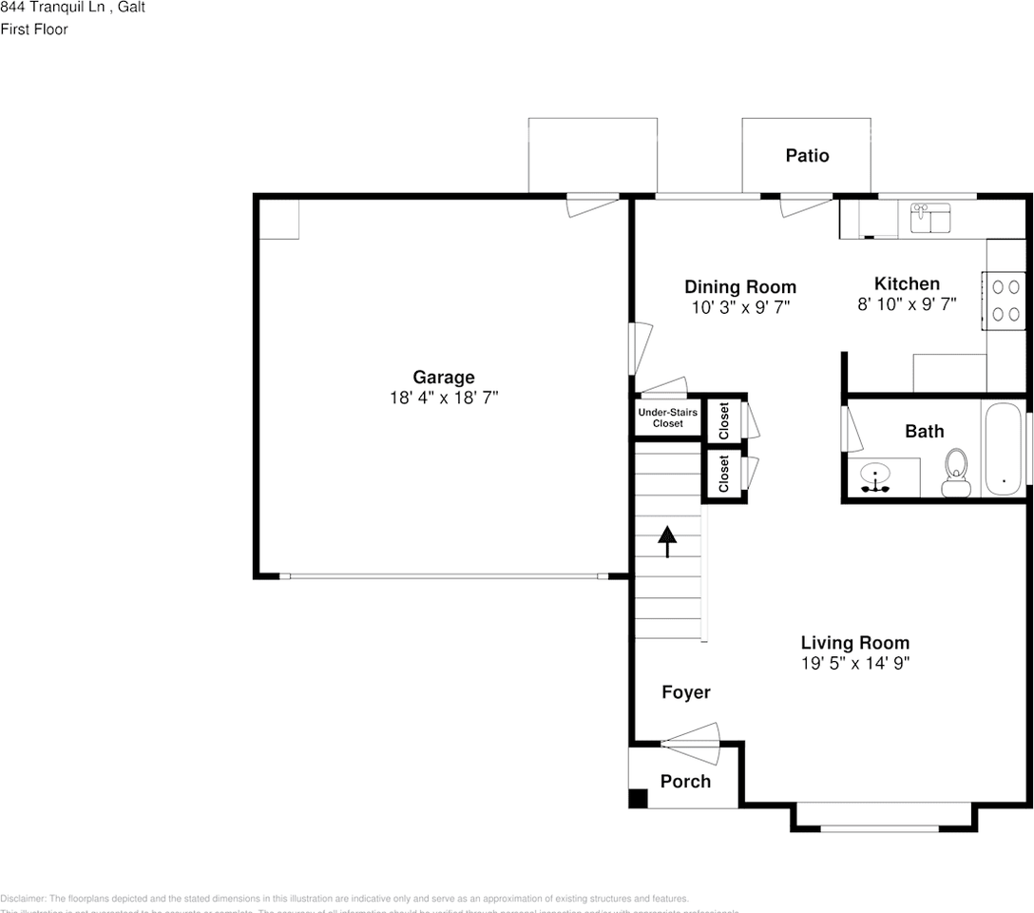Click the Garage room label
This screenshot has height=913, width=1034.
pos(443,378)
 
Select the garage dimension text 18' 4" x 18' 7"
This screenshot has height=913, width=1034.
pos(443,398)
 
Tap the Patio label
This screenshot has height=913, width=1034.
pos(807,155)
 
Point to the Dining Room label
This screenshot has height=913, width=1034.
pos(740,286)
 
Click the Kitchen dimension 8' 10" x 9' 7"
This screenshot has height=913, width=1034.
pos(907,305)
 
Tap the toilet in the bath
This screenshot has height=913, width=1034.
pos(955,473)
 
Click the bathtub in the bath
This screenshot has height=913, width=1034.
pos(1005,449)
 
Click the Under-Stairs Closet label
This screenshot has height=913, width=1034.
pos(667,418)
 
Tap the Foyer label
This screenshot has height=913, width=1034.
pos(685,692)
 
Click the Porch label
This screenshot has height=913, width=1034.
pos(685,781)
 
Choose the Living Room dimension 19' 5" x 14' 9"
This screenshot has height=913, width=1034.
pos(854,664)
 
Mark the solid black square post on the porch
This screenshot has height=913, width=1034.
pos(638,798)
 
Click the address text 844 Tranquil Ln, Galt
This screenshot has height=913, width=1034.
pos(72,8)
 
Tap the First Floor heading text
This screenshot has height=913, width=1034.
pos(34,29)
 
